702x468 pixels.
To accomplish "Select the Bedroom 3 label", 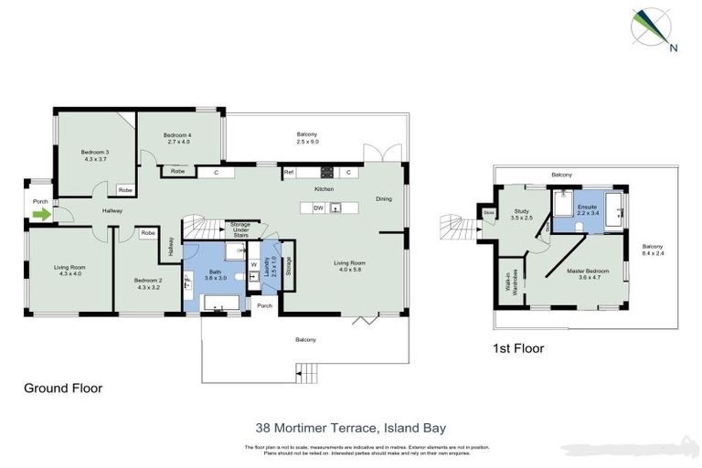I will [x=94, y=155].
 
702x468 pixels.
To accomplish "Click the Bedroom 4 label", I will [x=178, y=138].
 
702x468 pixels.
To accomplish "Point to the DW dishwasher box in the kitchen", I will [x=318, y=207].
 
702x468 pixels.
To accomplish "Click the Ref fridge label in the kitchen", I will [x=289, y=172].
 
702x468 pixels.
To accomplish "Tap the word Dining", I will [x=384, y=198].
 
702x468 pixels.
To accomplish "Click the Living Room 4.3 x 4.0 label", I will [x=69, y=271].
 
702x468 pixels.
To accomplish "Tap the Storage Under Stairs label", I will [x=240, y=229].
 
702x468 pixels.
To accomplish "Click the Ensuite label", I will [x=588, y=210].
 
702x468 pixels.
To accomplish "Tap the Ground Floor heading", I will [x=63, y=388].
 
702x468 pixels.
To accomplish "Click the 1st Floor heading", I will [x=517, y=348].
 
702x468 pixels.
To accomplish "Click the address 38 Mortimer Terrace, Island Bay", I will [x=350, y=427].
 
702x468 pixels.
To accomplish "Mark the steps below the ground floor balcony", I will [x=305, y=372].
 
